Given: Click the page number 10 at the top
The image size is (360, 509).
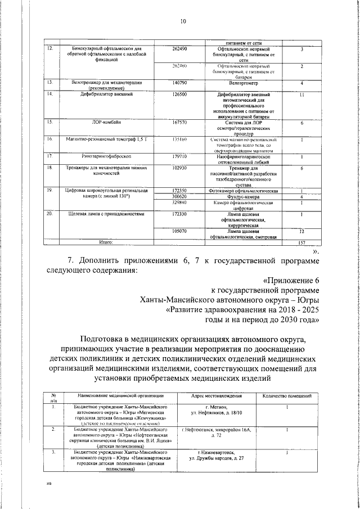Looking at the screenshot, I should coord(183,22).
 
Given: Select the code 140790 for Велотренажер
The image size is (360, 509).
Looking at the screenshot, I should coord(179,83).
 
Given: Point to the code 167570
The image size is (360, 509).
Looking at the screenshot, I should coord(179,121).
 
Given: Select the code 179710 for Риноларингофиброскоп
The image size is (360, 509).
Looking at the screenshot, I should coord(179,156).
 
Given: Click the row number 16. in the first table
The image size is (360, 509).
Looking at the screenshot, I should coord(49,138).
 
